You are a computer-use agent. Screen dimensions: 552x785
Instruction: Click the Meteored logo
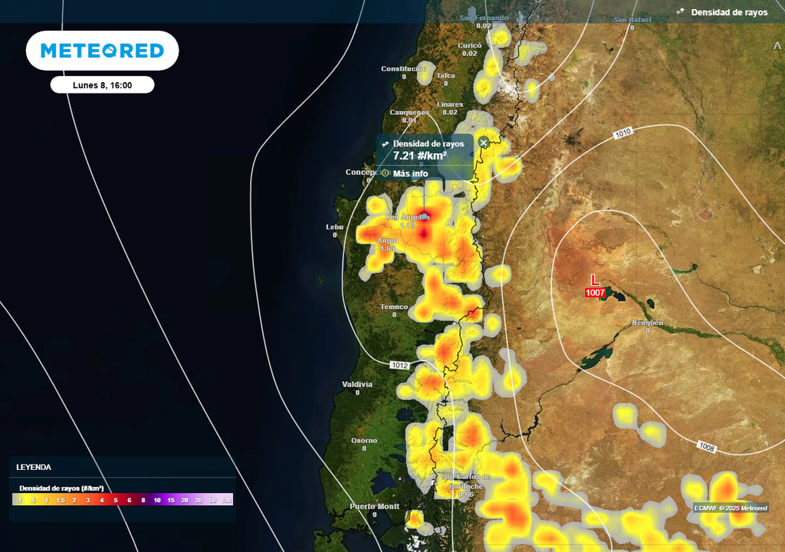pos(102,51)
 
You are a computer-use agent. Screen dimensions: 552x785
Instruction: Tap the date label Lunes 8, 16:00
pos(102,85)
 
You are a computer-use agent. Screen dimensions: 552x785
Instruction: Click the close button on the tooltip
pos(484,143)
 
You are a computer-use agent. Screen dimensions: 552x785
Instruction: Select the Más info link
pos(410,173)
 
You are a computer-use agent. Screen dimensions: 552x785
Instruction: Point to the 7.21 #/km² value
pos(419,156)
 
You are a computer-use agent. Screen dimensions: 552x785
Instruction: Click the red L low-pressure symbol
pos(595,280)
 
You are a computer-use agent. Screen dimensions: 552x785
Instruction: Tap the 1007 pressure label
pos(595,293)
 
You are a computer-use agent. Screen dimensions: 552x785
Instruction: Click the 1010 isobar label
pos(622,133)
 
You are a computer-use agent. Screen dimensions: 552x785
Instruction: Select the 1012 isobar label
pos(399,364)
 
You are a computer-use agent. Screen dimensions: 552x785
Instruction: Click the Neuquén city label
pos(647,323)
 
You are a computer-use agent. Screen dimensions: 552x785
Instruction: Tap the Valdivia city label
pos(357,384)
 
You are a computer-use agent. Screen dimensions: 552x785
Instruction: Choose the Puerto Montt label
pos(374,506)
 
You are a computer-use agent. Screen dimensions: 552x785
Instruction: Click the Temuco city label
pos(394,307)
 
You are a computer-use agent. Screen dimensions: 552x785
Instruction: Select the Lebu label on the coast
pos(334,227)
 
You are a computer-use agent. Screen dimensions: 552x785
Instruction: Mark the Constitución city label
pos(404,69)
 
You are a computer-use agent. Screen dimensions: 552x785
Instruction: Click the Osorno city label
pos(364,440)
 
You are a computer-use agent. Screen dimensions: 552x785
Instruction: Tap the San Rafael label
pos(632,19)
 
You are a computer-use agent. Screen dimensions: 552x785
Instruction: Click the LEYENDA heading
pos(34,467)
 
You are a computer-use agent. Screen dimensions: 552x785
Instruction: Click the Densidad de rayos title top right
pos(728,12)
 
